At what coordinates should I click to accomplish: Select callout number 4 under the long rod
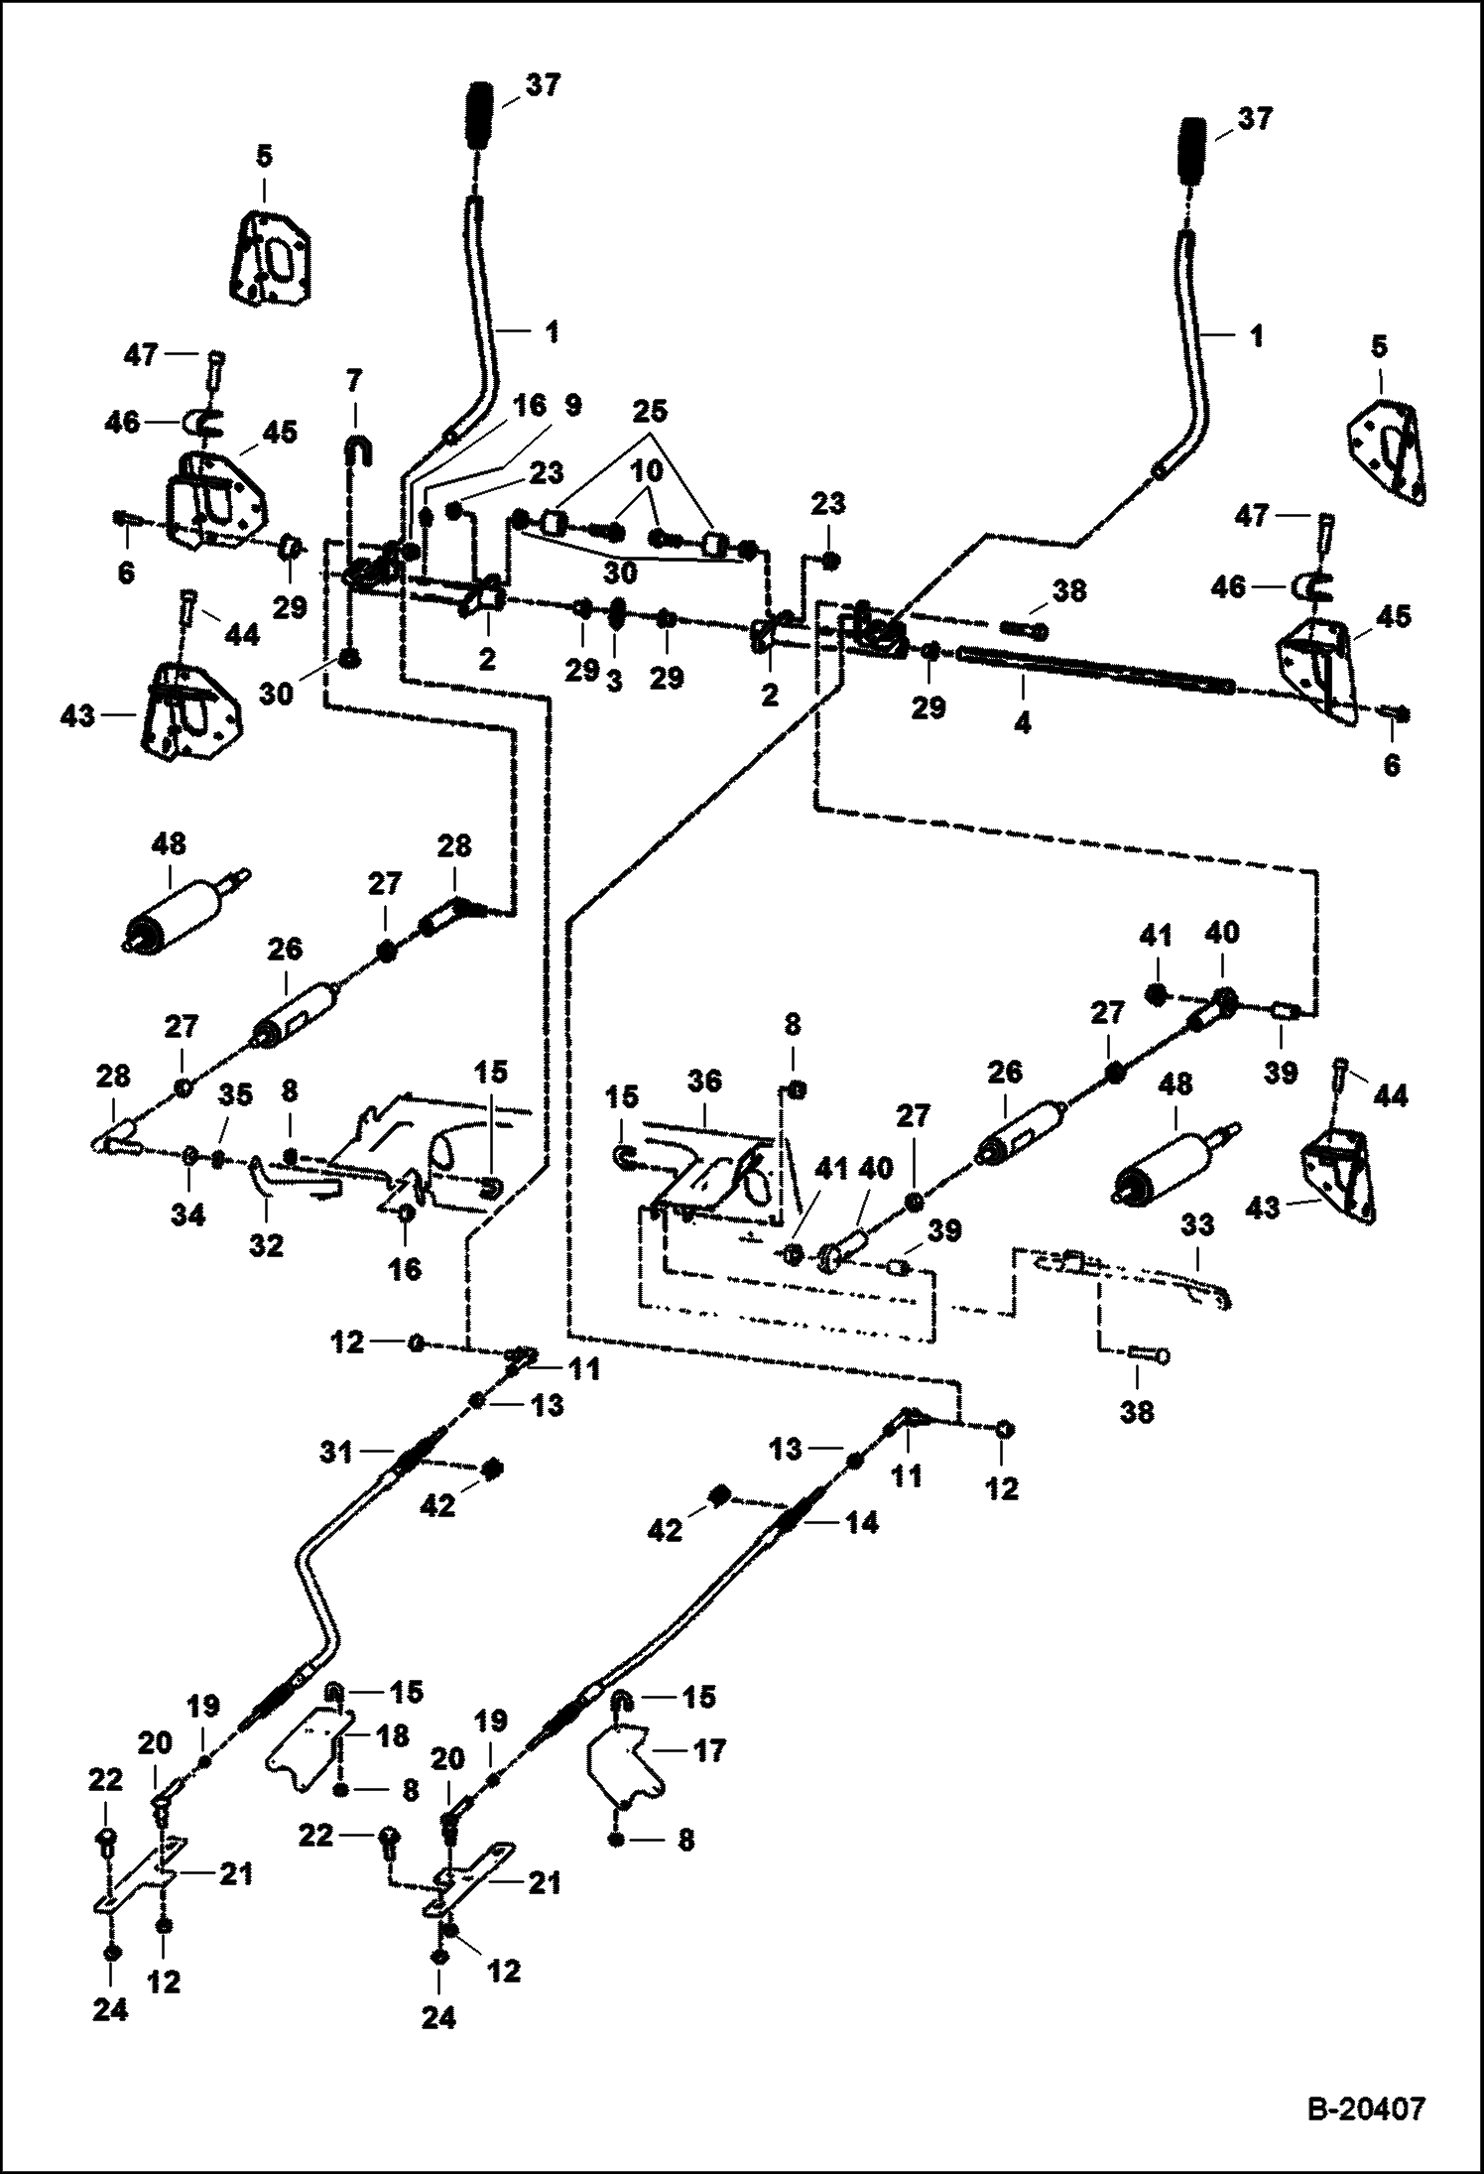pos(1022,723)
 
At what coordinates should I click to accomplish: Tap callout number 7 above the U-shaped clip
pos(354,380)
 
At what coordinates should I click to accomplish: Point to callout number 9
pos(573,405)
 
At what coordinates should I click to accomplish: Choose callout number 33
pos(1197,1225)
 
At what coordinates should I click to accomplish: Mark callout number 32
pos(266,1243)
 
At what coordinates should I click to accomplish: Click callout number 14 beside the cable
pos(862,1522)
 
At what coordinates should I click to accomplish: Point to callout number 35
pos(236,1096)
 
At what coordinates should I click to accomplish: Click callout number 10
pos(648,472)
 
